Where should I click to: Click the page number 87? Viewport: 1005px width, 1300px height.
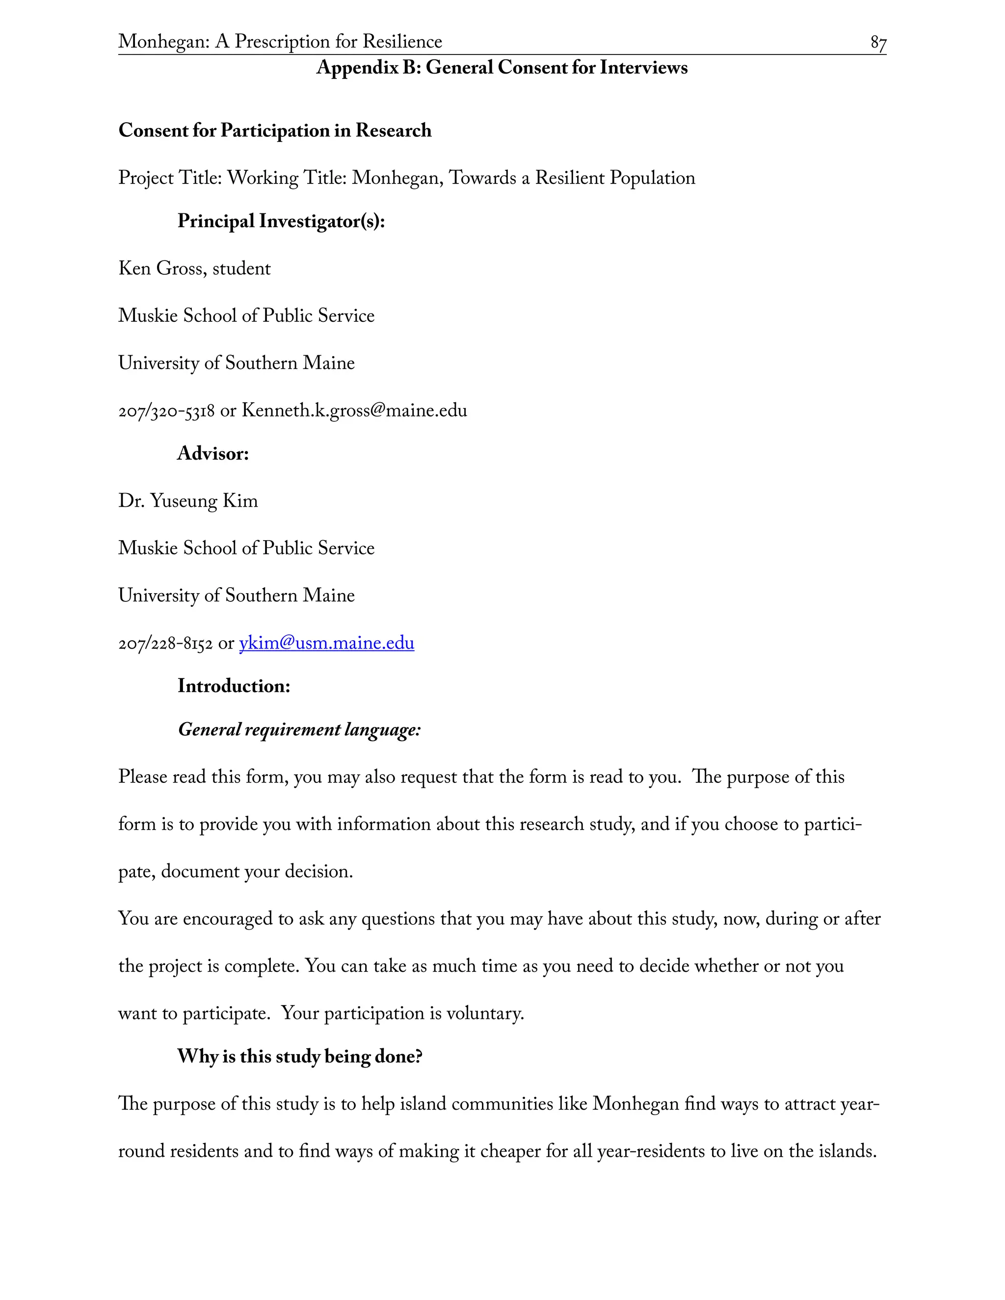pyautogui.click(x=877, y=43)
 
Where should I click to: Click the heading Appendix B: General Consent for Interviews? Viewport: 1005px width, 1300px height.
pyautogui.click(x=502, y=67)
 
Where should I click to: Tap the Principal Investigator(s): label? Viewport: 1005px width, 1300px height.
pyautogui.click(x=281, y=221)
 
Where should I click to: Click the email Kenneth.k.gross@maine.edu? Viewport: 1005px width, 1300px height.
pyautogui.click(x=354, y=411)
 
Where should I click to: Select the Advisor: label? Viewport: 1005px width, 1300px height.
pyautogui.click(x=212, y=454)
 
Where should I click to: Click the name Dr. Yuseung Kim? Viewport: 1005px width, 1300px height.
pyautogui.click(x=187, y=501)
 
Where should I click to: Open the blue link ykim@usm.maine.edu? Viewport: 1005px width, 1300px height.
pyautogui.click(x=326, y=644)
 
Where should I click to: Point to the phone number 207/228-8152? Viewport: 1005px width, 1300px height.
pyautogui.click(x=165, y=644)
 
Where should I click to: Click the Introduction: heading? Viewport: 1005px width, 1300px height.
pyautogui.click(x=234, y=686)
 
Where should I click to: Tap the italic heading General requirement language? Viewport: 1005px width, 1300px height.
pyautogui.click(x=299, y=730)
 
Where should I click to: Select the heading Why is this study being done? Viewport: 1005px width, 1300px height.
pyautogui.click(x=299, y=1057)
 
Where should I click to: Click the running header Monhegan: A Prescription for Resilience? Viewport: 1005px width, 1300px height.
pyautogui.click(x=280, y=42)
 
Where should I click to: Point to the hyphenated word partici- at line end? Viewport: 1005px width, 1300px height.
pyautogui.click(x=832, y=825)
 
